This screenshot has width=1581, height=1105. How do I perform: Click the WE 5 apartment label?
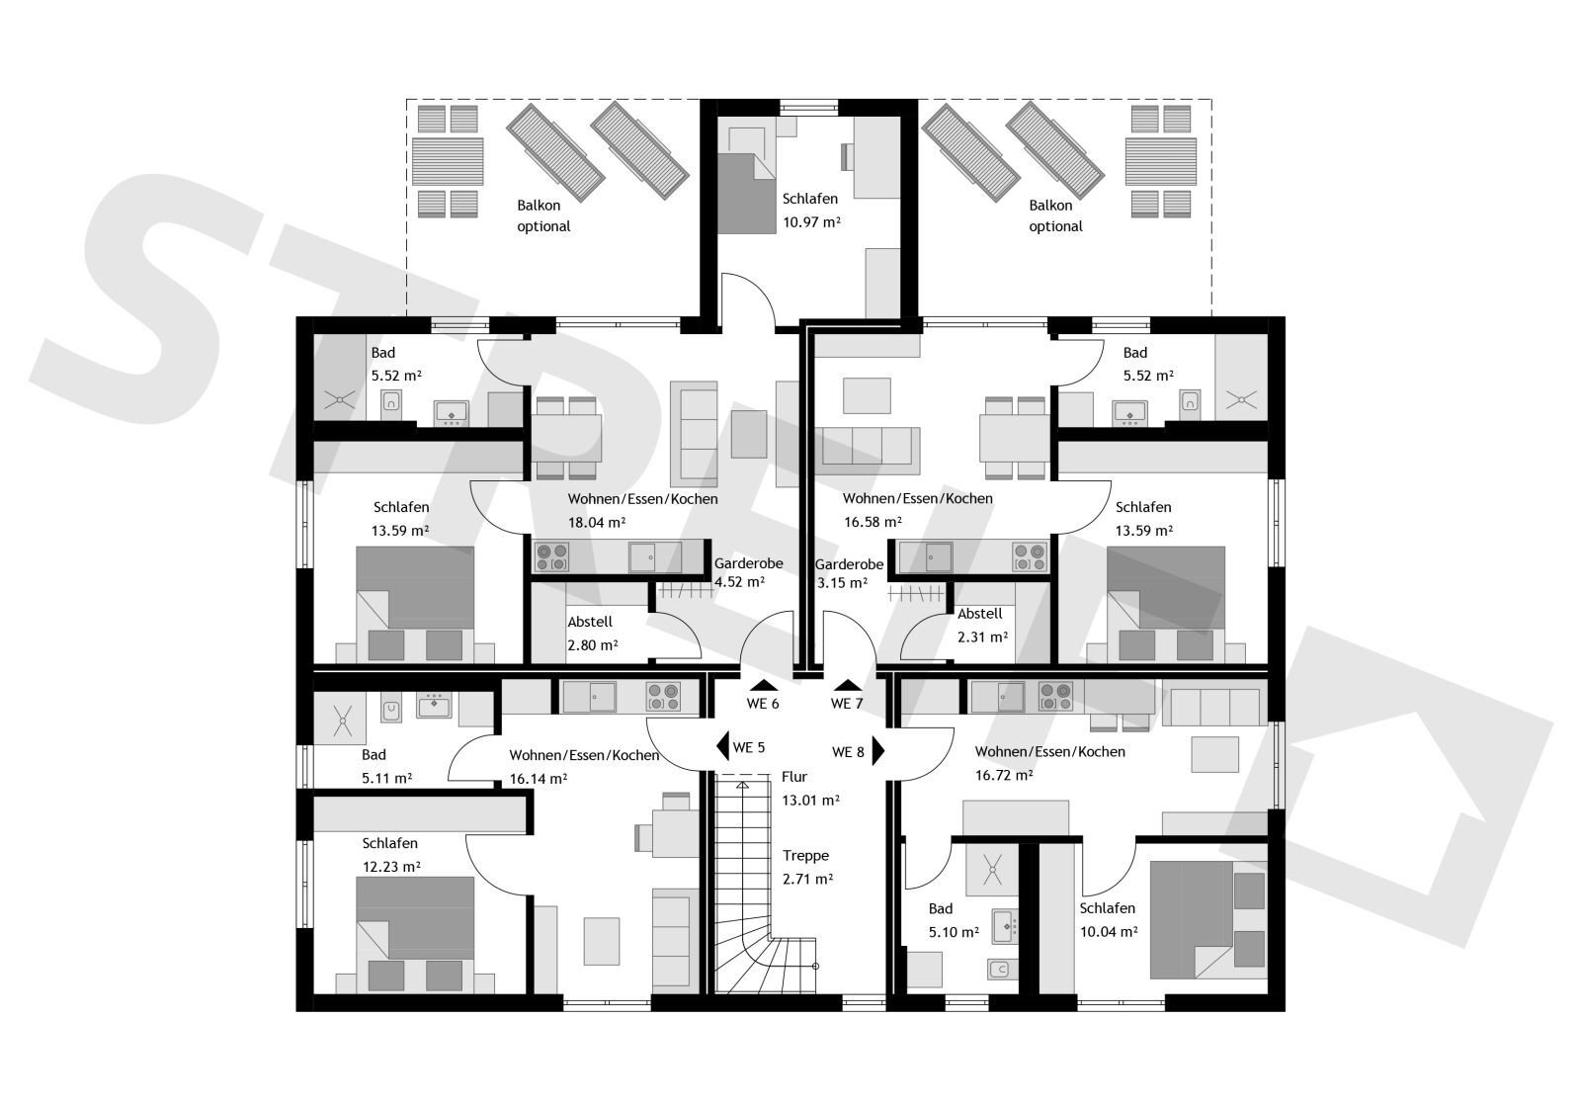click(749, 747)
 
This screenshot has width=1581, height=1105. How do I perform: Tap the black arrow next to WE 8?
click(878, 750)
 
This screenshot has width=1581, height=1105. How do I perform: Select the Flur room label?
click(794, 777)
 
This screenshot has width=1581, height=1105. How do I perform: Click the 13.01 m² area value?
click(810, 800)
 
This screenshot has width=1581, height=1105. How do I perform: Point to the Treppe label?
click(805, 856)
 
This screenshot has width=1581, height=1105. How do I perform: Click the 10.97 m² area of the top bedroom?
click(811, 221)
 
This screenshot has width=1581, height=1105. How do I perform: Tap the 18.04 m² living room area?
click(597, 523)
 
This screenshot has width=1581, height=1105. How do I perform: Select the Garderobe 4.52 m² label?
click(748, 572)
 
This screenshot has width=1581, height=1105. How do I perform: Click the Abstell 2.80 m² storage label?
click(592, 634)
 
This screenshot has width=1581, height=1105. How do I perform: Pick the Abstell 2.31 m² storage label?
click(982, 625)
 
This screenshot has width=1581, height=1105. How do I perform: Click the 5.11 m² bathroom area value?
click(386, 778)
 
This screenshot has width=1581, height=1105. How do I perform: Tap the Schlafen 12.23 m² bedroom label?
click(391, 854)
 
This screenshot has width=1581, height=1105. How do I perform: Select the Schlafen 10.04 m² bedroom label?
click(1108, 919)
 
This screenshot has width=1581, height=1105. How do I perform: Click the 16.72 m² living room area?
click(1004, 775)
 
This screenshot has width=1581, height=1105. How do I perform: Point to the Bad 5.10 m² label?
click(954, 920)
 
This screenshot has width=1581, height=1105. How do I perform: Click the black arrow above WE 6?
click(764, 685)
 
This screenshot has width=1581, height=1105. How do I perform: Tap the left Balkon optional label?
click(542, 215)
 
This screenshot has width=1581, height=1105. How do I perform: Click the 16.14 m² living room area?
click(538, 779)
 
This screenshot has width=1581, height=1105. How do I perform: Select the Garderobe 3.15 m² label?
click(849, 573)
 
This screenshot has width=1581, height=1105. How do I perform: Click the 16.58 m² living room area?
click(873, 522)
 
